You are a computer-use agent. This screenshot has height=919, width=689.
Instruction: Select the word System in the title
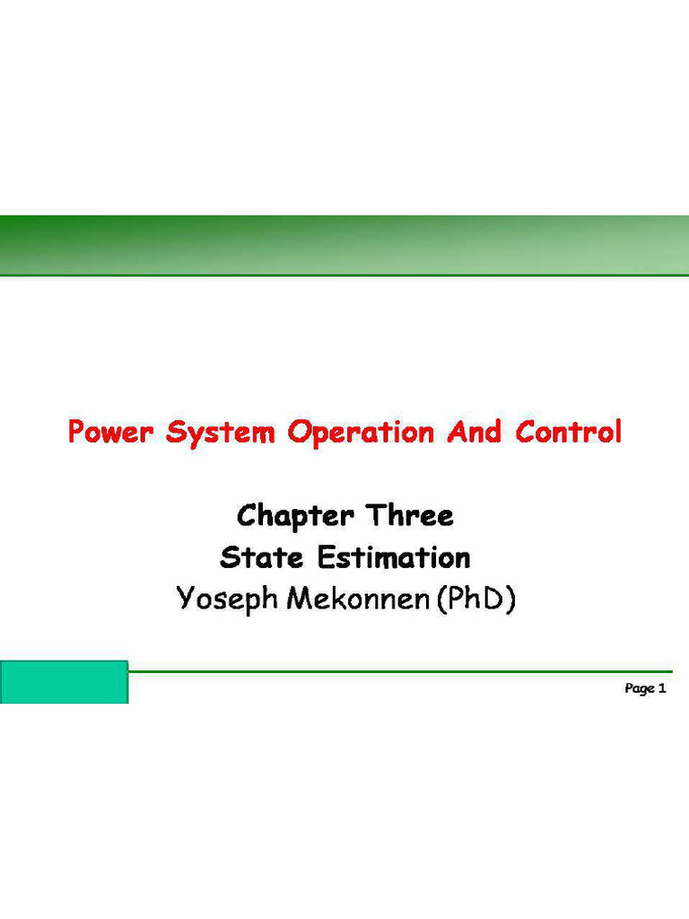pyautogui.click(x=218, y=433)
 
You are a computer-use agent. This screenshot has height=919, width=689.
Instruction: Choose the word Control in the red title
pyautogui.click(x=568, y=433)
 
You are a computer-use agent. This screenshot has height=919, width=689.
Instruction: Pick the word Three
pyautogui.click(x=409, y=517)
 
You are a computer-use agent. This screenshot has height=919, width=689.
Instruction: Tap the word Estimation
pyautogui.click(x=393, y=557)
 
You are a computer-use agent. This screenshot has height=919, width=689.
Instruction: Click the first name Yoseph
pyautogui.click(x=227, y=599)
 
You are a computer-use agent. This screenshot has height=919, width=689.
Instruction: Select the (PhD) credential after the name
pyautogui.click(x=476, y=599)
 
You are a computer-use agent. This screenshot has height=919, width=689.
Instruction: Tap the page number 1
pyautogui.click(x=662, y=688)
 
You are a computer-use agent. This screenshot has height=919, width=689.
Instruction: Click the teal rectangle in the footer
pyautogui.click(x=64, y=682)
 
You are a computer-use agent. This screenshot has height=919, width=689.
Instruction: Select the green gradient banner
pyautogui.click(x=344, y=245)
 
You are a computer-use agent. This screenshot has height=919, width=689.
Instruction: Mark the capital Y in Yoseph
pyautogui.click(x=185, y=598)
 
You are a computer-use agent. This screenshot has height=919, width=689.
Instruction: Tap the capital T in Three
pyautogui.click(x=374, y=517)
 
